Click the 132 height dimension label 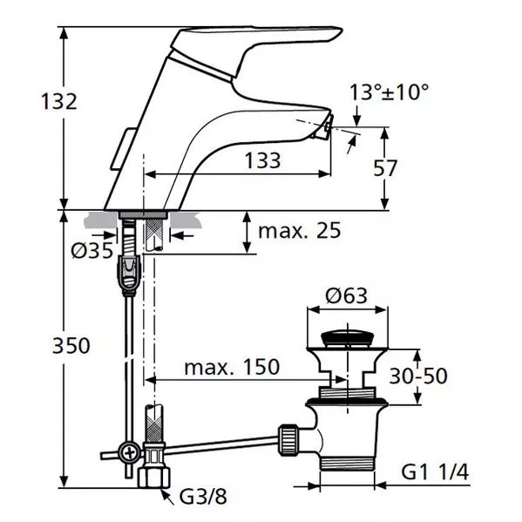[x=59, y=101]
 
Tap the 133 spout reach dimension [x=262, y=160]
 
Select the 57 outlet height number [x=385, y=168]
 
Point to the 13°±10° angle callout [x=389, y=92]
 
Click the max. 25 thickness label [x=300, y=230]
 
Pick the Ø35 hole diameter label [x=92, y=250]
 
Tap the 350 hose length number [x=71, y=345]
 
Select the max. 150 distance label [x=232, y=367]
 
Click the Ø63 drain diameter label [x=347, y=295]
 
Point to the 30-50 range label [x=418, y=376]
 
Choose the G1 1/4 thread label [x=435, y=471]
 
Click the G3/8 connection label [x=203, y=497]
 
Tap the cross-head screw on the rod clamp [x=130, y=453]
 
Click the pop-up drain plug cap [x=347, y=338]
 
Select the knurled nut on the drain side [x=288, y=440]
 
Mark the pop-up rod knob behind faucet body [x=122, y=148]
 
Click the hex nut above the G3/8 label [x=153, y=478]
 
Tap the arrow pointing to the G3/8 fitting [x=168, y=498]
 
